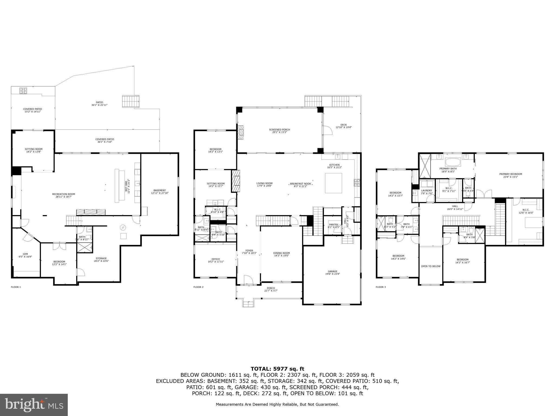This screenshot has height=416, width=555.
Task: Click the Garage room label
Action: pyautogui.click(x=333, y=272)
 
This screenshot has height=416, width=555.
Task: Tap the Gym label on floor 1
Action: pyautogui.click(x=25, y=255)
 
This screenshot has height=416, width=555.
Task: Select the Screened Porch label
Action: pyautogui.click(x=279, y=131)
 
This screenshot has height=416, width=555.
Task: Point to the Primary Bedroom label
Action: pyautogui.click(x=511, y=175)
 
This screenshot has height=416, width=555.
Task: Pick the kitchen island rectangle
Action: pyautogui.click(x=333, y=183)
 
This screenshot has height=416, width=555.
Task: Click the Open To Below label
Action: pyautogui.click(x=431, y=266)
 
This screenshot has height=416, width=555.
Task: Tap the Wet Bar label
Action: pyautogui.click(x=127, y=186)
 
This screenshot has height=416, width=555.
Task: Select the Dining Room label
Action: pyautogui.click(x=281, y=254)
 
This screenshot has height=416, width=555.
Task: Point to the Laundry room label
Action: pyautogui.click(x=427, y=192)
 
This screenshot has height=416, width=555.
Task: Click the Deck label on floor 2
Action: pyautogui.click(x=343, y=126)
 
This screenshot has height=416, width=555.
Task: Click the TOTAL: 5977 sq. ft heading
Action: pyautogui.click(x=277, y=369)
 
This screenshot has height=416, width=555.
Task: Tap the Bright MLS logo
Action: pyautogui.click(x=34, y=405)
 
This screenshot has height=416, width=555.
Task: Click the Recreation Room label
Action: pyautogui.click(x=63, y=195)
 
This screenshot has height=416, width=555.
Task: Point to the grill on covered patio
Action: pyautogui.click(x=22, y=91)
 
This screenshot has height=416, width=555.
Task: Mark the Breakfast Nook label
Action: pyautogui.click(x=300, y=185)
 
